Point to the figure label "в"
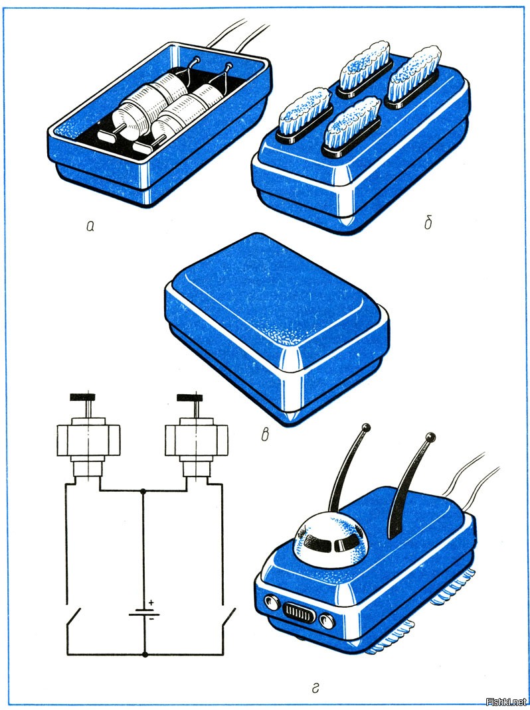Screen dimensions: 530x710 pos(265,435)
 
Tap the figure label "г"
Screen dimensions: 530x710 pos(315,688)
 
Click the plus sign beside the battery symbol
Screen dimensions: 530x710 pos(151,603)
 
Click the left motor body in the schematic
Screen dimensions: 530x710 pos(88,440)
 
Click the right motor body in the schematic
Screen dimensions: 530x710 pos(196,440)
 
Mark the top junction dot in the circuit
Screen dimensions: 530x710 pos(143,491)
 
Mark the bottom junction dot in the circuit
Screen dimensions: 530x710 pos(145,654)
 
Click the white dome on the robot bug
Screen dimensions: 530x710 pos(331,541)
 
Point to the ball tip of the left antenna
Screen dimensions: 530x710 pos(366,427)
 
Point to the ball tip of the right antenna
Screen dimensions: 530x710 pos(431,437)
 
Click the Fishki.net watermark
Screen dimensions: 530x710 pos(506,702)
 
